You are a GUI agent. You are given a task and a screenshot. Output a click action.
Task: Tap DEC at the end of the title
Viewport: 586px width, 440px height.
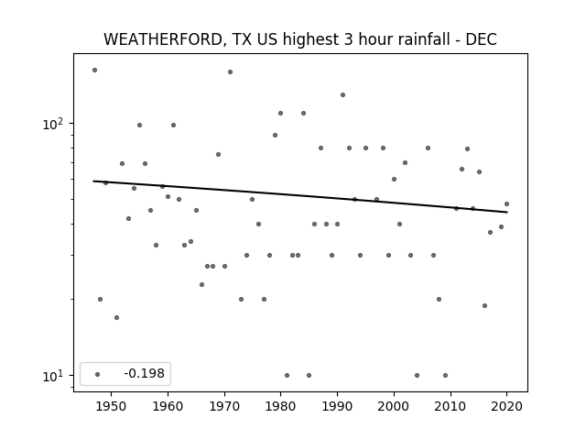481,39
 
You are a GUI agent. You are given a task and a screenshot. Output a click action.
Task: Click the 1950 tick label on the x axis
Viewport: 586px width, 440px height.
111,406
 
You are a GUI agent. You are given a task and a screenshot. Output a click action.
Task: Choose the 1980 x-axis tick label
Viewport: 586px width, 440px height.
280,406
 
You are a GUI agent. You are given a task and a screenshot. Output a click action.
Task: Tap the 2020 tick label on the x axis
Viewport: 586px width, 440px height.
506,406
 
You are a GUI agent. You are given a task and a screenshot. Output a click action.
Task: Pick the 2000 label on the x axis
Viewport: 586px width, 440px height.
394,406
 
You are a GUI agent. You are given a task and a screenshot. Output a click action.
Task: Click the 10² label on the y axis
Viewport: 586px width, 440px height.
53,124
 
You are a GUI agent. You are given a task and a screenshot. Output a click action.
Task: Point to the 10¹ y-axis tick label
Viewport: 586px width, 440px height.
53,376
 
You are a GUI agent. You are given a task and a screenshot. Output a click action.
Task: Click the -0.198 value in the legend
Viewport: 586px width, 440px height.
145,373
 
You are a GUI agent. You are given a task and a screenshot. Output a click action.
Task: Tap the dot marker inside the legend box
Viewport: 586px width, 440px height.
98,374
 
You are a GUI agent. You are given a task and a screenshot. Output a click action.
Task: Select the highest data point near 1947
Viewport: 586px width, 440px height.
94,70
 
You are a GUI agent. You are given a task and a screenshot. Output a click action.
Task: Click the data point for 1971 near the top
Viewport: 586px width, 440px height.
230,71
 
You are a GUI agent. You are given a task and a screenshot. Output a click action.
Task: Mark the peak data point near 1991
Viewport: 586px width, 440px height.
342,94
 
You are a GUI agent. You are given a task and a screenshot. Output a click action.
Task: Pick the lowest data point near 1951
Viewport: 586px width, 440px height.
116,317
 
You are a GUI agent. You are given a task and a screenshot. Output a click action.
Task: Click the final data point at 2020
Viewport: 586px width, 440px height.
506,203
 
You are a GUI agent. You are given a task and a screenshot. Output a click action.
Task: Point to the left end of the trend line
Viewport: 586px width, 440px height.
93,181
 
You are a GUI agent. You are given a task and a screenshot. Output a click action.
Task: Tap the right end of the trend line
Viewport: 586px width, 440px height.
507,212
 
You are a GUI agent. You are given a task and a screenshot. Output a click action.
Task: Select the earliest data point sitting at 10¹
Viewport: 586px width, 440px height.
287,375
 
